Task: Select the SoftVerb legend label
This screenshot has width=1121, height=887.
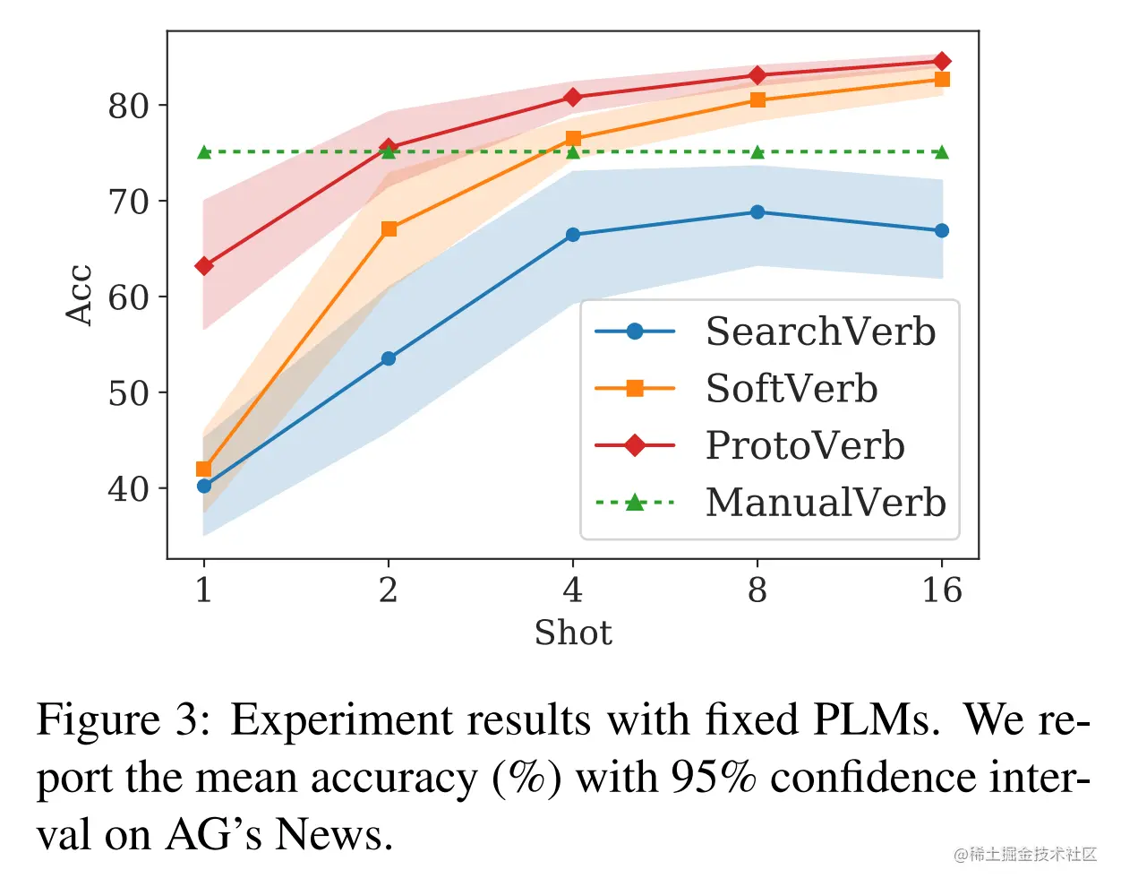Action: (792, 389)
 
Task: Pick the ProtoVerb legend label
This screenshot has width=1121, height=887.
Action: (805, 445)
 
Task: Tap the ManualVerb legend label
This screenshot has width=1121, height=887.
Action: (826, 503)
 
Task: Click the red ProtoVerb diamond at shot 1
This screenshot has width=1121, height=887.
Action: (204, 266)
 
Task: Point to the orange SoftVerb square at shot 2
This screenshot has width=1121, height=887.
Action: (389, 229)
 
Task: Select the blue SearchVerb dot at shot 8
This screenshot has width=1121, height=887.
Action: (757, 212)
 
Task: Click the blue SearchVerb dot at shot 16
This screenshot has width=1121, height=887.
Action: (942, 230)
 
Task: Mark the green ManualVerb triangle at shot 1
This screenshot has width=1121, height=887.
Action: (204, 152)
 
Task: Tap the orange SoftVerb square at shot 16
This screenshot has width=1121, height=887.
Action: (942, 80)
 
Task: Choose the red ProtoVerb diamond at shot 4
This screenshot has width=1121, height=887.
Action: (573, 97)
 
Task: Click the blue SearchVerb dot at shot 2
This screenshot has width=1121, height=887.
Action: (389, 358)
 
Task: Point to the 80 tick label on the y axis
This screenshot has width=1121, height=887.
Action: (127, 106)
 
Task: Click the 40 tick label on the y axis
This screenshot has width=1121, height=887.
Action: (127, 489)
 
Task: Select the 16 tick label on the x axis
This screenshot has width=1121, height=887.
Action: (942, 590)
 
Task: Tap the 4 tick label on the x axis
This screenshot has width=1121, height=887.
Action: (573, 590)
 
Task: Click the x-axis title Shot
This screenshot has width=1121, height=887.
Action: (573, 633)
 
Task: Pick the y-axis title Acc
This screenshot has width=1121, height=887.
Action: (80, 295)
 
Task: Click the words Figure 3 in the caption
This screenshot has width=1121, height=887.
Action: (124, 720)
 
